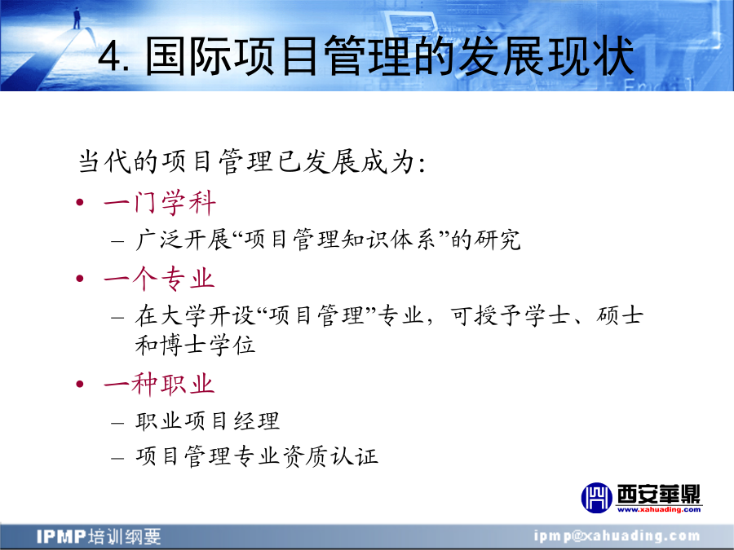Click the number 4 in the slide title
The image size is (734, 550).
click(110, 56)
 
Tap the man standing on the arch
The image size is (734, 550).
click(77, 18)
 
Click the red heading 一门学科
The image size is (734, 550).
click(160, 203)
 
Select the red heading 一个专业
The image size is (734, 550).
click(159, 279)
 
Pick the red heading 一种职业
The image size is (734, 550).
click(159, 384)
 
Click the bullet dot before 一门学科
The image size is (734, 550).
click(80, 203)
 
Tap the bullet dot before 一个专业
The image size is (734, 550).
click(80, 279)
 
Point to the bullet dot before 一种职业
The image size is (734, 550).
click(80, 384)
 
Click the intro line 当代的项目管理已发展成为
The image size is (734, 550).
click(252, 162)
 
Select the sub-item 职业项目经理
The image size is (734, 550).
click(207, 421)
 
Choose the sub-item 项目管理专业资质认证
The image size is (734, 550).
click(257, 456)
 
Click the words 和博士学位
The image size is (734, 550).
click(195, 345)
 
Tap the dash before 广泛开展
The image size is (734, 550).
click(117, 242)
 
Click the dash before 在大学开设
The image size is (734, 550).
click(117, 318)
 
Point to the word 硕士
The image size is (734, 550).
click(619, 315)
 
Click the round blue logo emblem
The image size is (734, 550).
click(596, 498)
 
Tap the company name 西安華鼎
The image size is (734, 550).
click(659, 494)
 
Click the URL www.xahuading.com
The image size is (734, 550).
click(659, 509)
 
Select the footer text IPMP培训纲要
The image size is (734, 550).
click(99, 536)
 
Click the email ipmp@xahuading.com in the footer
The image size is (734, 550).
click(617, 536)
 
